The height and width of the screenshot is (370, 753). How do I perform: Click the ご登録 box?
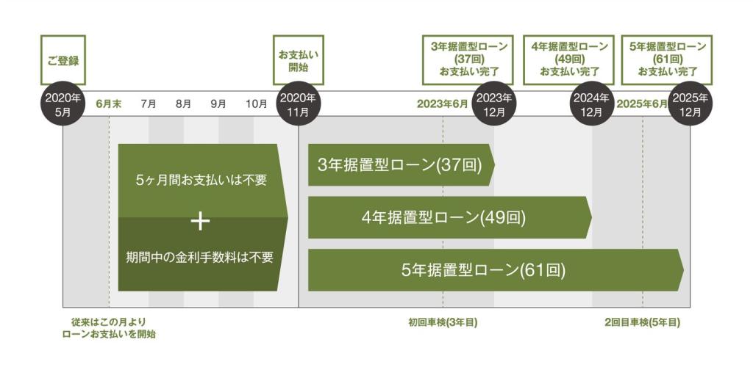click(x=63, y=60)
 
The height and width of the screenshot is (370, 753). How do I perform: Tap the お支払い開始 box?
click(x=299, y=60)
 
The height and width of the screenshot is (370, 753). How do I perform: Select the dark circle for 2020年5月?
click(x=63, y=104)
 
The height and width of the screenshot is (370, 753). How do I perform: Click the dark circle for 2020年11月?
click(x=299, y=104)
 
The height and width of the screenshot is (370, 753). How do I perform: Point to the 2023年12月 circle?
click(x=494, y=104)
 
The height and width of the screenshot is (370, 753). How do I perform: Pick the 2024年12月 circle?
click(x=591, y=104)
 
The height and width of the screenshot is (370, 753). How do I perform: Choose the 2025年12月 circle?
click(x=690, y=104)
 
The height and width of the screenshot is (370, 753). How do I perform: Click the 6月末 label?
click(x=109, y=104)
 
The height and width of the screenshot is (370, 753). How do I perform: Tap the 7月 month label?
click(x=149, y=104)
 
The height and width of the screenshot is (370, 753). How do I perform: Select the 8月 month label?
click(x=183, y=104)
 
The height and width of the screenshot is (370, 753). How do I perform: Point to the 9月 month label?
click(x=218, y=104)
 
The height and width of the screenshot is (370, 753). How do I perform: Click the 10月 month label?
click(x=257, y=104)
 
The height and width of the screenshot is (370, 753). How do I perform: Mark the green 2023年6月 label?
click(x=442, y=104)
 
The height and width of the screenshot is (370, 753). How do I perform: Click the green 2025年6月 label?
click(x=642, y=104)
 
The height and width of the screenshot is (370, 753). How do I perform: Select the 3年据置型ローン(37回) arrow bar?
click(x=402, y=165)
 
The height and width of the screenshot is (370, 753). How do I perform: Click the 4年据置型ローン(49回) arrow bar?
click(x=450, y=217)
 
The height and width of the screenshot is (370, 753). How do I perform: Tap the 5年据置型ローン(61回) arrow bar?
click(x=496, y=270)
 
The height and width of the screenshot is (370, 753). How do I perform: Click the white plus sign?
click(x=200, y=222)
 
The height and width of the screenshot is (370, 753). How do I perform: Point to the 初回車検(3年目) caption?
click(x=443, y=322)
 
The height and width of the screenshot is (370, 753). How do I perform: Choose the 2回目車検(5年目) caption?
click(x=643, y=322)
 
